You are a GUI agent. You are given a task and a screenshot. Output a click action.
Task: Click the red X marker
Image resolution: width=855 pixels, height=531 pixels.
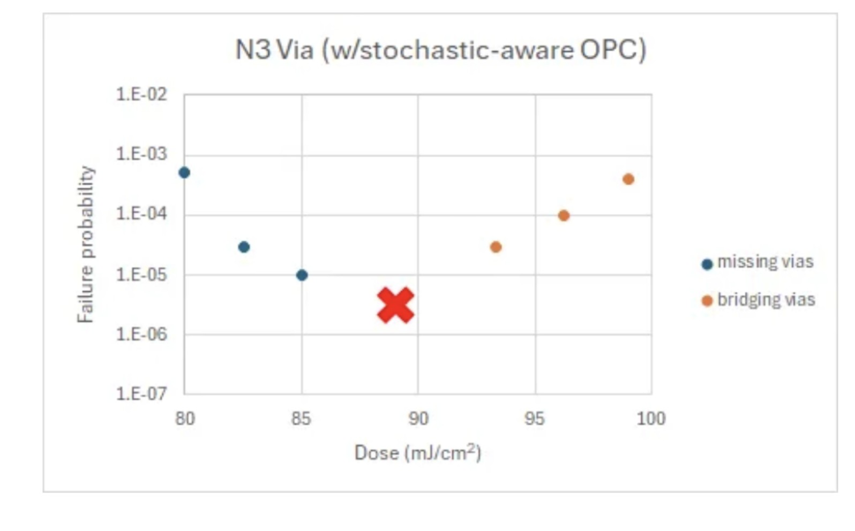pyautogui.click(x=395, y=305)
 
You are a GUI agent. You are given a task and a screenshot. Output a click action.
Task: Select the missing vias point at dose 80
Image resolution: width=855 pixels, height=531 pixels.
pyautogui.click(x=184, y=172)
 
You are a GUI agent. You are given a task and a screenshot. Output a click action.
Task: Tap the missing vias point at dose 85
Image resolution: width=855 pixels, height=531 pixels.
pyautogui.click(x=302, y=275)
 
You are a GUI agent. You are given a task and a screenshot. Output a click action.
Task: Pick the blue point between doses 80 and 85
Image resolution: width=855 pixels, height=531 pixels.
pyautogui.click(x=244, y=247)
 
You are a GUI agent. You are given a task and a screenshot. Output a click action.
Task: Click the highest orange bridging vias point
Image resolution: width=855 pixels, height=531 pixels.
pyautogui.click(x=628, y=179)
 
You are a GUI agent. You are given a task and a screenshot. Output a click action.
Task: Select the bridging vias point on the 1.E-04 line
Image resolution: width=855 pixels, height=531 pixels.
pyautogui.click(x=564, y=215)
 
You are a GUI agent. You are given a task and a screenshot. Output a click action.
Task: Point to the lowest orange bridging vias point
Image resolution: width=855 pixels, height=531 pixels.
pyautogui.click(x=496, y=247)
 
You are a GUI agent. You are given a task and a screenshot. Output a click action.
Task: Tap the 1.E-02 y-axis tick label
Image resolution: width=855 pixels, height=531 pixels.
pyautogui.click(x=141, y=95)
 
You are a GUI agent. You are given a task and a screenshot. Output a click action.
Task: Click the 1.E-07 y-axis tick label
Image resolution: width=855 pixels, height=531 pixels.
pyautogui.click(x=141, y=394)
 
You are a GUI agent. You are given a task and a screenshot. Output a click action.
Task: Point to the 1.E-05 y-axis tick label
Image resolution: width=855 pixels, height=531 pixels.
pyautogui.click(x=141, y=275)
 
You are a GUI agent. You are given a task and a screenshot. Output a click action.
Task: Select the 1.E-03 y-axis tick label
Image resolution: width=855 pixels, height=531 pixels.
pyautogui.click(x=141, y=154)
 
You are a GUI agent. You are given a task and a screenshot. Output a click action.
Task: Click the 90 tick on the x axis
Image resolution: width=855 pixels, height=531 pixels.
pyautogui.click(x=418, y=419)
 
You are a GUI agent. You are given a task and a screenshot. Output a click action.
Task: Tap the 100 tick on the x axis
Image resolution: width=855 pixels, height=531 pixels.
pyautogui.click(x=651, y=419)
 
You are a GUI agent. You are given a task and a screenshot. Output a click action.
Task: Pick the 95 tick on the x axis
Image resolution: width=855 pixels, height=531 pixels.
pyautogui.click(x=535, y=419)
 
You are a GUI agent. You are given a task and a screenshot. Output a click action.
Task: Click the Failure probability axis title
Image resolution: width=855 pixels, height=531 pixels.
pyautogui.click(x=86, y=244)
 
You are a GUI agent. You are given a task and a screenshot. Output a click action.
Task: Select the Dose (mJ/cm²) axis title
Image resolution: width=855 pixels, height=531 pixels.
pyautogui.click(x=418, y=453)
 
